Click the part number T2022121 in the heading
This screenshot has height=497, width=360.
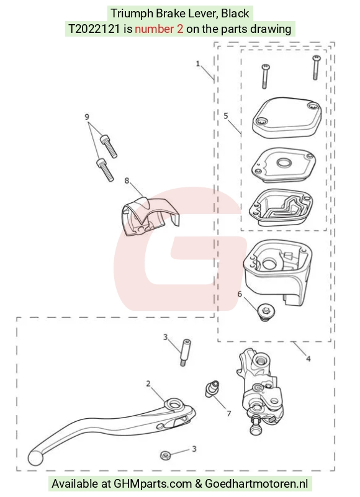94,29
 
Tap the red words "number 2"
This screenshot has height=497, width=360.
159,29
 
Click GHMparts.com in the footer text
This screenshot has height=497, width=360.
153,484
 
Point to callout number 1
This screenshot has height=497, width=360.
198,64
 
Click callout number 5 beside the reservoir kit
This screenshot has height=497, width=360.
226,115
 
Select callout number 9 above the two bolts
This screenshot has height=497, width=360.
87,117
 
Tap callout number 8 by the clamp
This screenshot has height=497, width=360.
127,181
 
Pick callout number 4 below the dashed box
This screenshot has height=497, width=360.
308,359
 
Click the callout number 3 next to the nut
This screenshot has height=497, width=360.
194,449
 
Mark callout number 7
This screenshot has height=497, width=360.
228,413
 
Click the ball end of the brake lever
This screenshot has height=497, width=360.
35,457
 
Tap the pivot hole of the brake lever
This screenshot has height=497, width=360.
174,404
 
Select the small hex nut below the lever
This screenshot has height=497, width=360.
165,456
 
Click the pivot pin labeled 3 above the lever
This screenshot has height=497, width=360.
185,352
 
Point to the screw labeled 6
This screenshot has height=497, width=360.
266,312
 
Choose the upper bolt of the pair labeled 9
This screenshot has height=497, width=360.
109,146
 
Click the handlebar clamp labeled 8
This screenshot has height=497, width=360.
149,216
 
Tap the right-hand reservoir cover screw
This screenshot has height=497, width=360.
316,68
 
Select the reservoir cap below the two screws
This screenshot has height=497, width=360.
286,118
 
